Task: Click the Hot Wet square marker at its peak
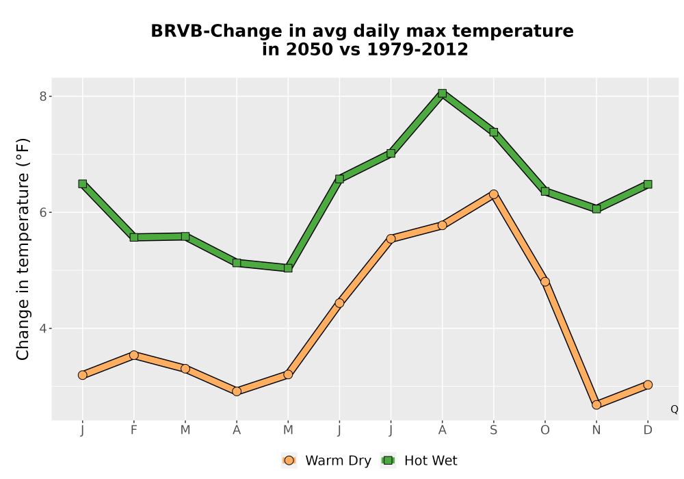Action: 443,93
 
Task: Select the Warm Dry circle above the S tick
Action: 493,194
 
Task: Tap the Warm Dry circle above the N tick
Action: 596,405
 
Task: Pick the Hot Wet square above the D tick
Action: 648,185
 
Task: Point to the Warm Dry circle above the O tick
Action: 545,282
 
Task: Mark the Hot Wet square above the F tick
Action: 134,237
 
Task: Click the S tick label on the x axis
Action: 493,430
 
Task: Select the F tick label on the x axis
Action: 134,430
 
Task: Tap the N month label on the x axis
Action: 596,430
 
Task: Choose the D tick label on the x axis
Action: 648,430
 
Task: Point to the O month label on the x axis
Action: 545,430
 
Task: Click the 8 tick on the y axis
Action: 42,96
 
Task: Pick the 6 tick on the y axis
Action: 42,212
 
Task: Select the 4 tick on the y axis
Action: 42,328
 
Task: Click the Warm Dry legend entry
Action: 326,461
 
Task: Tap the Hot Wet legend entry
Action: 419,461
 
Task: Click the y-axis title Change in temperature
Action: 23,249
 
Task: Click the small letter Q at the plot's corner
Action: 674,409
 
